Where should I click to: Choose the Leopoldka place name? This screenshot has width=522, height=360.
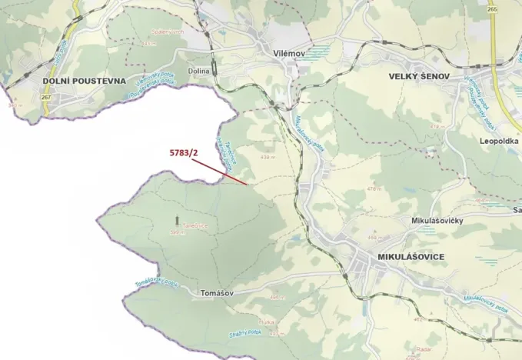click(x=499, y=142)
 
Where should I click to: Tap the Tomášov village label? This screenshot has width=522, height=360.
click(x=215, y=293)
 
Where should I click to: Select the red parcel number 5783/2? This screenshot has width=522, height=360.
click(x=184, y=152)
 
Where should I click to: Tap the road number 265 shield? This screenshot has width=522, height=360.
click(x=492, y=9)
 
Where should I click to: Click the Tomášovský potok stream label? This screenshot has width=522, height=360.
click(x=156, y=284)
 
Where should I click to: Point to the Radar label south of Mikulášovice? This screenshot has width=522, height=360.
click(x=422, y=348)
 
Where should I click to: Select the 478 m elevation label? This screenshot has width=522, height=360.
click(x=374, y=187)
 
